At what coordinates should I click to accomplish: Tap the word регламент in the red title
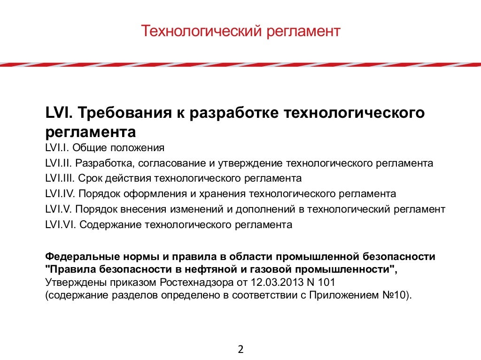pos(303,32)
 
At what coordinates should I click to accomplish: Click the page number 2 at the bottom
pos(240,349)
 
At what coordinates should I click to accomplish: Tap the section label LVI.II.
pos(59,164)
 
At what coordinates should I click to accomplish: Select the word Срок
pos(89,179)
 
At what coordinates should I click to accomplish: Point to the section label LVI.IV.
pos(60,194)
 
